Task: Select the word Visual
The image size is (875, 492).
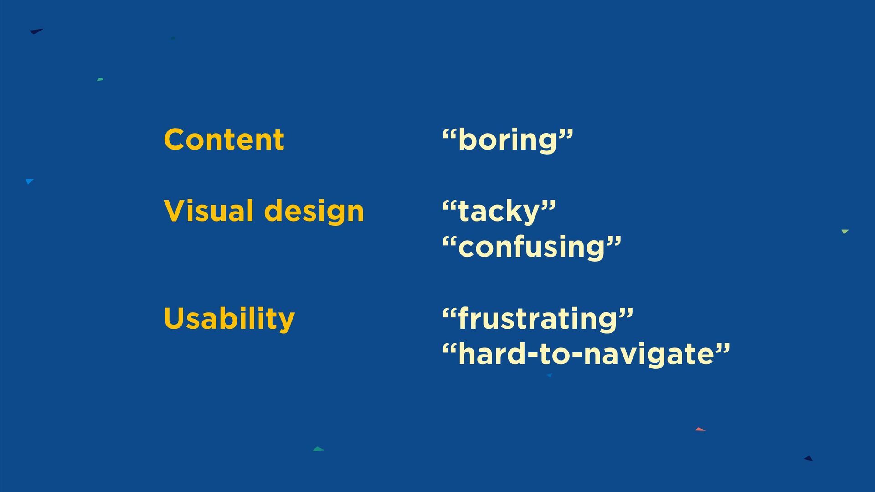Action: tap(209, 211)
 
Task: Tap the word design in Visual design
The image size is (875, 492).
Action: tap(314, 212)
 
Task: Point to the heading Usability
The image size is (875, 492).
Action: tap(229, 319)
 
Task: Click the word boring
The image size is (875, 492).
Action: tap(508, 140)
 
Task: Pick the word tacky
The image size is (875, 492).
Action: tap(499, 212)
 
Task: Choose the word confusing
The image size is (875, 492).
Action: tap(532, 248)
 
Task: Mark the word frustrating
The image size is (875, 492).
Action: tap(538, 319)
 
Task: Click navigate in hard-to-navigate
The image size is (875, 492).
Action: tap(649, 355)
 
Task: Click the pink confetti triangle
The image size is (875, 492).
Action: tap(700, 429)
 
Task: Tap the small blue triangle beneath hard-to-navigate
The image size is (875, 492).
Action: tap(549, 375)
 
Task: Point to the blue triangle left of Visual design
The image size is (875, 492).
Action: tap(29, 181)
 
